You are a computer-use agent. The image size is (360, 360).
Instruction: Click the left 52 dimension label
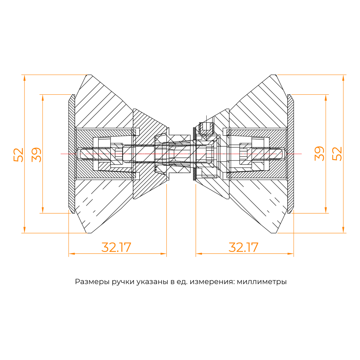tap(18, 154)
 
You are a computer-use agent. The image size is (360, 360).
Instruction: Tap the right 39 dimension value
tap(319, 154)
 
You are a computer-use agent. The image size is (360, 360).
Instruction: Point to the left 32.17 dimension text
tap(116, 248)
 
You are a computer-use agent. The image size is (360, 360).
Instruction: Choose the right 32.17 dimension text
tap(244, 248)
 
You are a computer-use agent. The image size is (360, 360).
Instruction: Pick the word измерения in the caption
tap(215, 282)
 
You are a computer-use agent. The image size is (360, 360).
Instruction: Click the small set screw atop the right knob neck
tap(206, 127)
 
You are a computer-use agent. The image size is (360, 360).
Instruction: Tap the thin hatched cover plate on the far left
tap(72, 154)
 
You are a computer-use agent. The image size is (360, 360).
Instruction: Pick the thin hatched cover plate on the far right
tap(291, 154)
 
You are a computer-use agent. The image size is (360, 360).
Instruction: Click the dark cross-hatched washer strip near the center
tap(195, 154)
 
